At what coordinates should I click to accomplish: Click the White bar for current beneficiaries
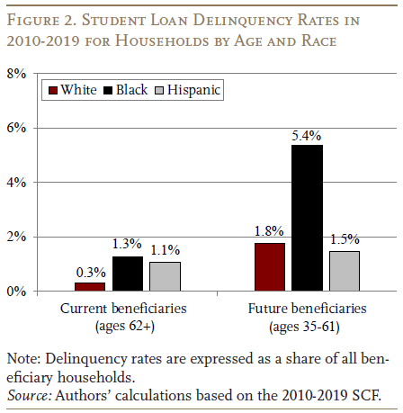[x=90, y=287]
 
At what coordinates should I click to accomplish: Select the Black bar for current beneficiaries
[x=128, y=274]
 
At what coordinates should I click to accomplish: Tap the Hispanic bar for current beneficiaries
[x=166, y=276]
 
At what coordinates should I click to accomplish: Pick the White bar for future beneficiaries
[x=270, y=267]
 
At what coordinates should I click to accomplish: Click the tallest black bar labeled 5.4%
[x=307, y=218]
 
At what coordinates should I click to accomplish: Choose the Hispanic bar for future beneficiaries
[x=345, y=271]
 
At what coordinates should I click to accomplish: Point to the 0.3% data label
[x=91, y=273]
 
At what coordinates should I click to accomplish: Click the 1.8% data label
[x=269, y=231]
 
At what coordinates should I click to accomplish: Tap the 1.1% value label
[x=165, y=250]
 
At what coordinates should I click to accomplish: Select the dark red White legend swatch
[x=53, y=90]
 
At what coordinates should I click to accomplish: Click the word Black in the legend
[x=131, y=90]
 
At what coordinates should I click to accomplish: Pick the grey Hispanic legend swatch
[x=159, y=90]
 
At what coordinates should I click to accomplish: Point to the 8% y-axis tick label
[x=16, y=74]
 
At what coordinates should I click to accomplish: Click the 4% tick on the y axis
[x=16, y=183]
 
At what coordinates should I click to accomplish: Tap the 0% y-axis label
[x=16, y=292]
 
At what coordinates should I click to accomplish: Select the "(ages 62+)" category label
[x=125, y=326]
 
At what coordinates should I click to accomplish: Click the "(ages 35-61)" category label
[x=304, y=327]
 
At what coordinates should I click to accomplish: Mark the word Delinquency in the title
[x=242, y=21]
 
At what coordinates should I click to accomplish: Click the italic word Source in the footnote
[x=29, y=395]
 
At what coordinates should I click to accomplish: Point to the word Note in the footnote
[x=23, y=359]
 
